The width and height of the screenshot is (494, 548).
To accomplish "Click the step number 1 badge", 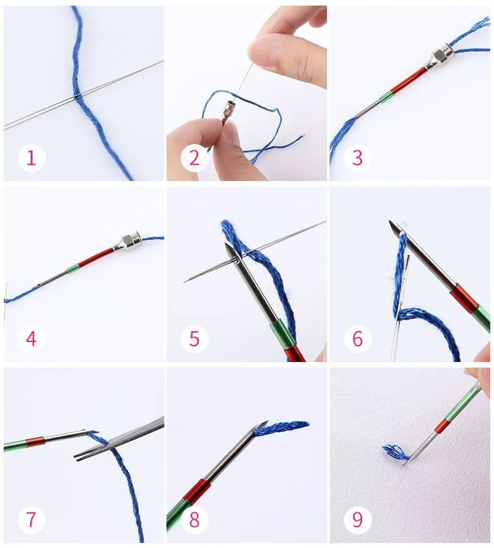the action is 31,158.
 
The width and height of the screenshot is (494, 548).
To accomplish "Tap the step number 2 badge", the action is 194,158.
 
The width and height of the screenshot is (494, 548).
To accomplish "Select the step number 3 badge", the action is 357,158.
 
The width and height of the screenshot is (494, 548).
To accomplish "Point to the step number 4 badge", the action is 31,339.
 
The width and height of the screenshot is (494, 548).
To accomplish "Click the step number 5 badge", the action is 194,339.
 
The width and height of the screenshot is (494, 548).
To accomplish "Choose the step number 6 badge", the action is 357,339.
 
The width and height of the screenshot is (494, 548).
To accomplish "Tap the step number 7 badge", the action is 31,519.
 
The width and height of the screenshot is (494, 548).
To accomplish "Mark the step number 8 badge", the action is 194,519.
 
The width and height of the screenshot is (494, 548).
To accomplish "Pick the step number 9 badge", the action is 357,519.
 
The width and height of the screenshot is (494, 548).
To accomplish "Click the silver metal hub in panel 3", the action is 440,58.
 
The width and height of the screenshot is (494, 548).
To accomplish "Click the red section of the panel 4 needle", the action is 96,258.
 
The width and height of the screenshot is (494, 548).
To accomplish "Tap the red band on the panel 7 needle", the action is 35,442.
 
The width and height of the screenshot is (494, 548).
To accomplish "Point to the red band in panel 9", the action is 442,425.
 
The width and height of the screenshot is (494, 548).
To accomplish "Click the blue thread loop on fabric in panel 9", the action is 396,453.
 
